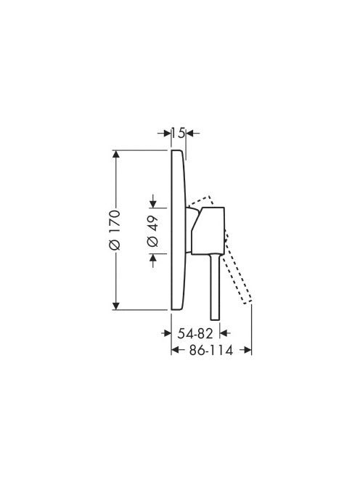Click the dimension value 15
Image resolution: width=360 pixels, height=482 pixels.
179,133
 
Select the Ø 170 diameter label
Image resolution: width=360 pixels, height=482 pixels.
115,230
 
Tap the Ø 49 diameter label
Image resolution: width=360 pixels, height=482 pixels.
153,231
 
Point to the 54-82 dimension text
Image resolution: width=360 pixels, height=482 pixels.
195,333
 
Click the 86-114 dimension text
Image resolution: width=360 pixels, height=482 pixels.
211,350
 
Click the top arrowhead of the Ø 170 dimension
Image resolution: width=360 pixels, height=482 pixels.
115,154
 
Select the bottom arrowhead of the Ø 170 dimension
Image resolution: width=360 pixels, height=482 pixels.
115,306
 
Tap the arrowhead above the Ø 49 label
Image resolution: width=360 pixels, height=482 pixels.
153,204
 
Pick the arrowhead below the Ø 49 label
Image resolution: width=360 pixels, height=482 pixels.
153,258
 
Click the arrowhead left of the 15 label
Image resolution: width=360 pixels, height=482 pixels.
167,133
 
